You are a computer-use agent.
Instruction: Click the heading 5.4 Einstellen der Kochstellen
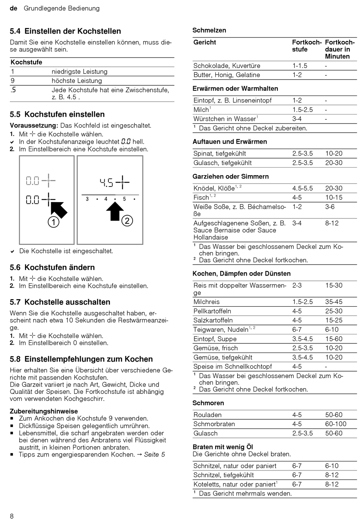[65, 31]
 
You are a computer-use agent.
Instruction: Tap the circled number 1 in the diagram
[53, 222]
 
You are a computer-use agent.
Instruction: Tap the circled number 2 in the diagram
[127, 221]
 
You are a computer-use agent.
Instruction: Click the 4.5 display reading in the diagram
[106, 183]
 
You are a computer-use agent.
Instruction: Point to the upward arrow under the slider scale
[115, 212]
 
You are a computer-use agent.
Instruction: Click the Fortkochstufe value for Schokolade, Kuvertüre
[300, 66]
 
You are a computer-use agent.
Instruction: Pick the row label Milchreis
[207, 302]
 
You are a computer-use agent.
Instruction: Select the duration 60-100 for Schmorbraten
[336, 424]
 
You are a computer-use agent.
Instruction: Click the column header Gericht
[205, 42]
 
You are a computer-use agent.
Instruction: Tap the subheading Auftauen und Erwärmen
[230, 141]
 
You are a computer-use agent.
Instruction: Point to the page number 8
[12, 516]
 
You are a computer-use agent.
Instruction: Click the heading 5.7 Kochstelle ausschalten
[60, 302]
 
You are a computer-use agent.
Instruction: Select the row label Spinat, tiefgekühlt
[219, 154]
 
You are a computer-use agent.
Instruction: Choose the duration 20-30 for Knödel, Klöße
[333, 188]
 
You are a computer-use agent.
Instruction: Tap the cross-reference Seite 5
[154, 454]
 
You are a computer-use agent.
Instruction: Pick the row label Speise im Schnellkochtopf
[233, 367]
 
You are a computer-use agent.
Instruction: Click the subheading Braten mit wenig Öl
[222, 447]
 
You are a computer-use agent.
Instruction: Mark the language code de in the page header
[14, 8]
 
